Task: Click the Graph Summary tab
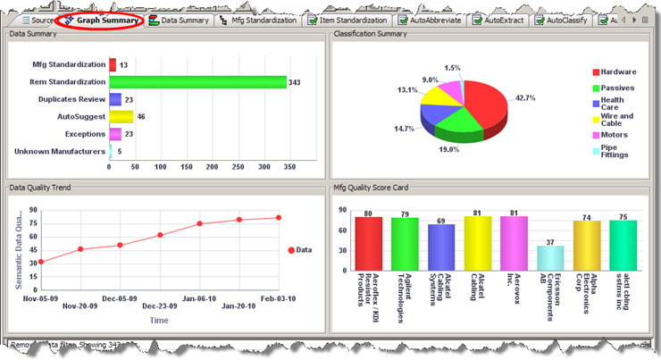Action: [x=105, y=19]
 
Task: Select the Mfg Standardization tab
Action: [x=260, y=19]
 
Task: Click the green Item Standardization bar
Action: [x=197, y=82]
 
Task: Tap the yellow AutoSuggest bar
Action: [x=121, y=116]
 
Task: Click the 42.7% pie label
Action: [x=525, y=97]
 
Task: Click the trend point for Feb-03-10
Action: [x=279, y=217]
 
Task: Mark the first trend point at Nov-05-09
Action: [x=41, y=262]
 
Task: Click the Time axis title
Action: [x=159, y=319]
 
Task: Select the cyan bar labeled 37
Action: [x=550, y=257]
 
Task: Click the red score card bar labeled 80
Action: [x=368, y=243]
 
